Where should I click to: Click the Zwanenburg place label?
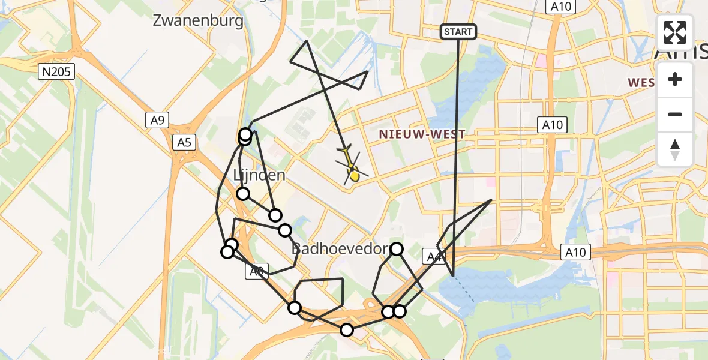point(198,21)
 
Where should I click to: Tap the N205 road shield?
point(56,73)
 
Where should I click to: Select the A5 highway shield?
point(183,142)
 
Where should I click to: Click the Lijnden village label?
point(259,176)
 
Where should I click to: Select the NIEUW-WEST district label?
point(422,134)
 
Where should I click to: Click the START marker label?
point(458,31)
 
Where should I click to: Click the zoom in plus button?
point(675,80)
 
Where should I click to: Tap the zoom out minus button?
point(675,114)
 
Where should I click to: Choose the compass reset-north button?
point(675,149)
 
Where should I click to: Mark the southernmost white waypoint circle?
point(347,329)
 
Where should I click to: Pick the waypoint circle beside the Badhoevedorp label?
point(397,248)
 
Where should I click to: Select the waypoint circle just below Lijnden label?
point(243,193)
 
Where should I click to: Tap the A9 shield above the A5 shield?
point(157,121)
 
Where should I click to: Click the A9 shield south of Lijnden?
point(256,272)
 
